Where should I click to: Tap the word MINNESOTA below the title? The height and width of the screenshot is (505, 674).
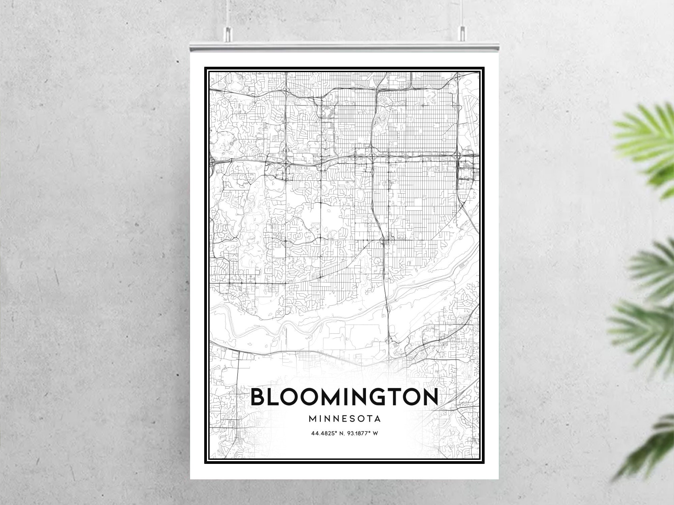click(x=344, y=419)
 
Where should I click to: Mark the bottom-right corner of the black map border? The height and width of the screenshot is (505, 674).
click(x=484, y=463)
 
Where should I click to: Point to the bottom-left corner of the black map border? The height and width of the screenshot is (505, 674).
click(x=205, y=463)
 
